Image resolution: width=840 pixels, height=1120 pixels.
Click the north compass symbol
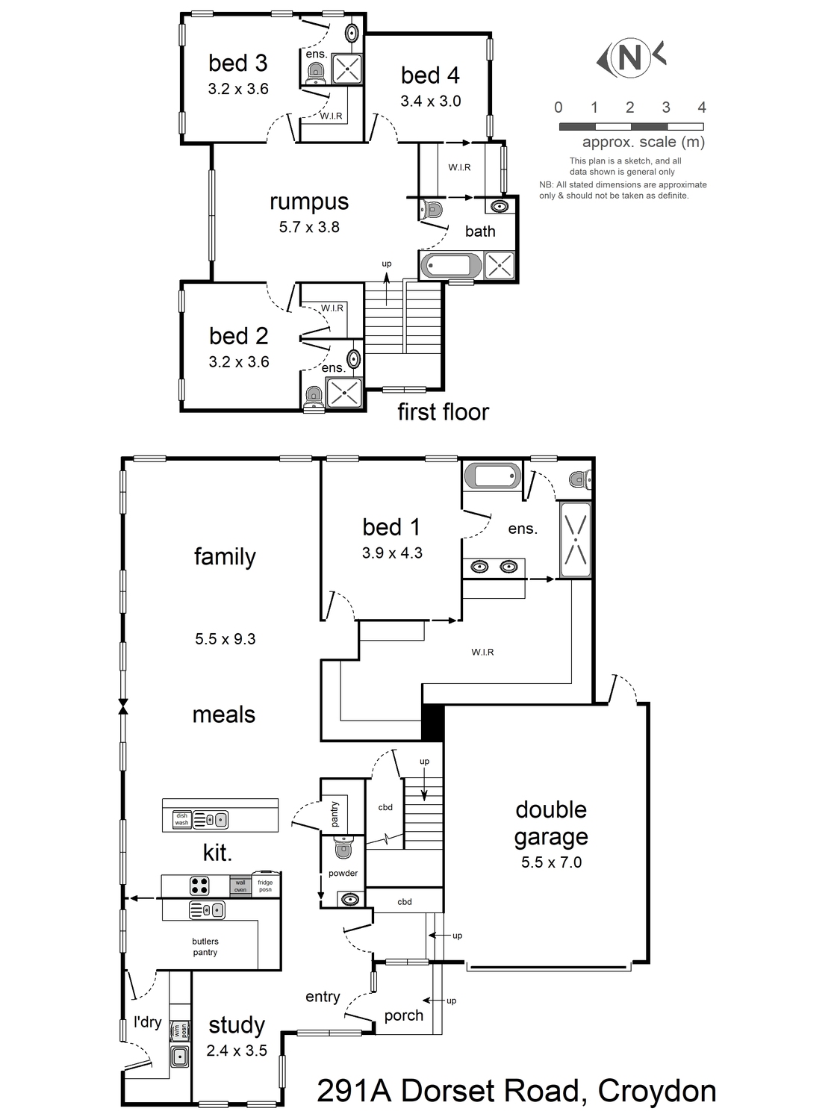[631, 57]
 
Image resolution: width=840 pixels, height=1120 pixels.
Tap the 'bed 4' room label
[430, 75]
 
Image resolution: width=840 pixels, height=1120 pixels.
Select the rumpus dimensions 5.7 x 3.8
[309, 227]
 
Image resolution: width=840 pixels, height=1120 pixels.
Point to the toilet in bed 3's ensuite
[316, 73]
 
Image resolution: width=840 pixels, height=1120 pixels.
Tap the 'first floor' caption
[444, 411]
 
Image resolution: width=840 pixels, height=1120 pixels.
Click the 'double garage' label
[551, 823]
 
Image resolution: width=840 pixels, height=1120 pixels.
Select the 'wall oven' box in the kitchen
[240, 886]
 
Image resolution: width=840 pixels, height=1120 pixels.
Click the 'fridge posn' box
[265, 885]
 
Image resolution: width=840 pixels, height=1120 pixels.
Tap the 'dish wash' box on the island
[181, 819]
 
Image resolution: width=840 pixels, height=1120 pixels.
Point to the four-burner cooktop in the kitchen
[199, 886]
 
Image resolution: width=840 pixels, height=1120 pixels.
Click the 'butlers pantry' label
[205, 947]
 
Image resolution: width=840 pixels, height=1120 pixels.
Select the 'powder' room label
[343, 873]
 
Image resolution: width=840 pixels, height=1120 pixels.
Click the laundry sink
[179, 1055]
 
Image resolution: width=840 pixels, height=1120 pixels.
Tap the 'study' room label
[237, 1026]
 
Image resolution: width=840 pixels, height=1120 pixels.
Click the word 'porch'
[403, 1016]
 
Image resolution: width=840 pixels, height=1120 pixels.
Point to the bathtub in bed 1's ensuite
[491, 476]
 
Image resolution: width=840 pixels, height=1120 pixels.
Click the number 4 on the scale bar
[702, 108]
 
